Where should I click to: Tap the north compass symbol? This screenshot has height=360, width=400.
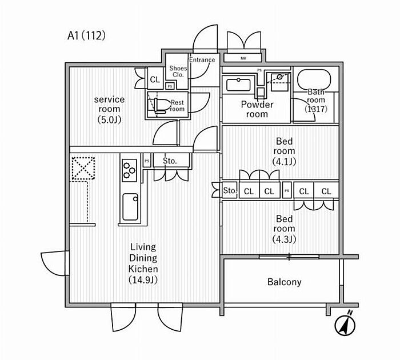[x=345, y=325]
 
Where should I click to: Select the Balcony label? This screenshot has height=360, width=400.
[x=284, y=282]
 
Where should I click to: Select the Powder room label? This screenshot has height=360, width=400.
[x=257, y=109]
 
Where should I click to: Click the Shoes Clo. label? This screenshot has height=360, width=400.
[x=177, y=71]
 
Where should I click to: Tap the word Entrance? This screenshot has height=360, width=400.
[x=202, y=60]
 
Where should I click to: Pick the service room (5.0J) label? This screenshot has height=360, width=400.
[x=109, y=109]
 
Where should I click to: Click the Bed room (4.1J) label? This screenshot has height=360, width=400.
[x=284, y=151]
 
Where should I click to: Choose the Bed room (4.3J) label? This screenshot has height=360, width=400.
[x=284, y=229]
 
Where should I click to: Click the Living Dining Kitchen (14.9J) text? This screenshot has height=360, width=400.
[x=143, y=263]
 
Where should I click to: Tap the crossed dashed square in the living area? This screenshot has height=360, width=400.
[x=82, y=169]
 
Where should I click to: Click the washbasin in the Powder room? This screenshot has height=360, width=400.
[x=238, y=85]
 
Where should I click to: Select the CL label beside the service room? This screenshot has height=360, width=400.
[x=155, y=80]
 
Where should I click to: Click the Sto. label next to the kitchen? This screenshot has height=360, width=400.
[x=170, y=161]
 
